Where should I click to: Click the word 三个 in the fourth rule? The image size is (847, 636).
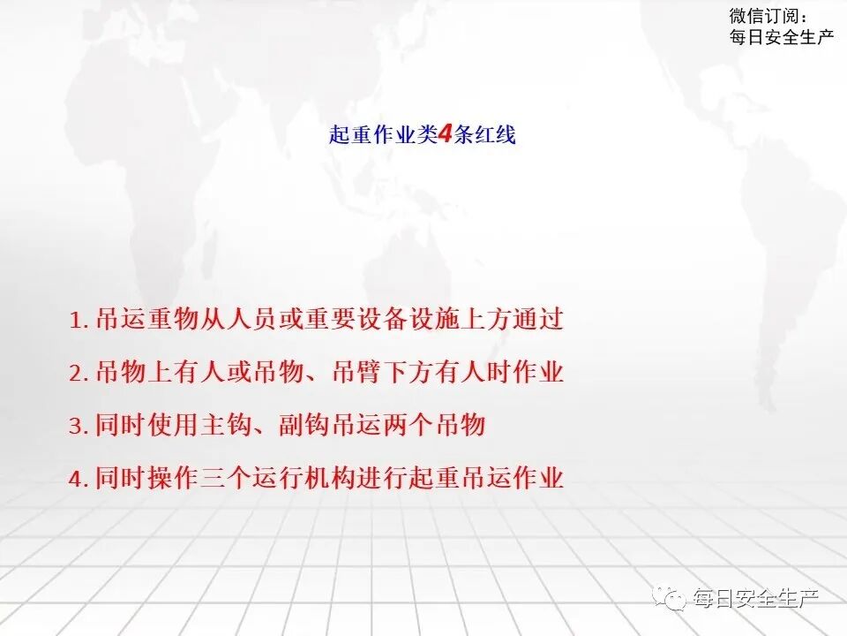click(225, 479)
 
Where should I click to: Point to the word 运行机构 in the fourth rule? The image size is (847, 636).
click(302, 479)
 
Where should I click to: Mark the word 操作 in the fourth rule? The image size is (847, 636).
click(173, 479)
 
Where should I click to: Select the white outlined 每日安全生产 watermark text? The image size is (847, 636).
click(756, 599)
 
